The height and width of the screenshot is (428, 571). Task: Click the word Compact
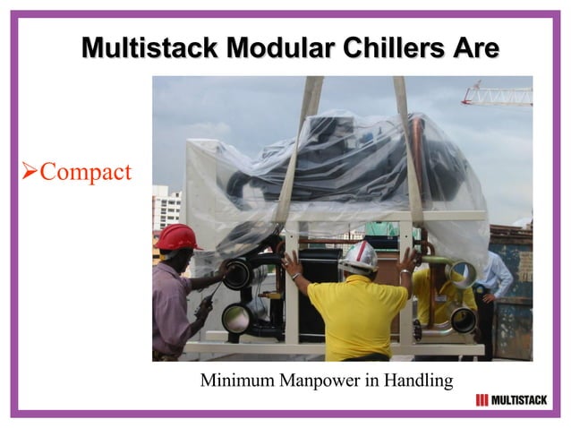(x=85, y=171)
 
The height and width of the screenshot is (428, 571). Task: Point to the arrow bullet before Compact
(x=28, y=171)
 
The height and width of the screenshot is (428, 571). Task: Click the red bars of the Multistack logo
(x=482, y=400)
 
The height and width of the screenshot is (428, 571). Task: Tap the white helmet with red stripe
(x=359, y=257)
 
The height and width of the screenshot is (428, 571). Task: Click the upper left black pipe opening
(x=237, y=273)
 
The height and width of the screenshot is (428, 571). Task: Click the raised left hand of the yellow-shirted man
(x=292, y=263)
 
